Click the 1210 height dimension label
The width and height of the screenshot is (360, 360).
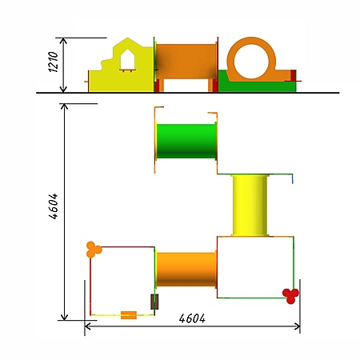pos(54,62)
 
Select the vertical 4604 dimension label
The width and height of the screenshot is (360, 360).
pos(54,206)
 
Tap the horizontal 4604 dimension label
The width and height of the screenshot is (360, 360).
pos(192,318)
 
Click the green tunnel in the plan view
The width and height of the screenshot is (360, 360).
pos(186,141)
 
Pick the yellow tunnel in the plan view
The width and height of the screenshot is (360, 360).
pos(250,206)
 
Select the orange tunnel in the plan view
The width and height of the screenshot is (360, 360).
pos(186,270)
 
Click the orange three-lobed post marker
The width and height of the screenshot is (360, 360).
pos(94,250)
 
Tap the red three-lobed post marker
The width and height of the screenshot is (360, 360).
pos(291,295)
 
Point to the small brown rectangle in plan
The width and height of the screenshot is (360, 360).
pos(154,302)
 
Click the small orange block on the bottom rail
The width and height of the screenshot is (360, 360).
pos(129,315)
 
